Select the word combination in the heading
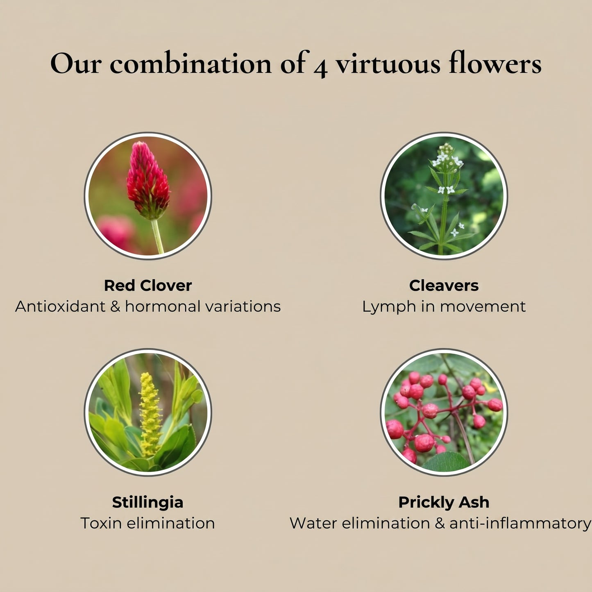point(191,64)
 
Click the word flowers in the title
point(495,64)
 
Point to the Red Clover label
point(148,286)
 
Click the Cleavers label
point(444,286)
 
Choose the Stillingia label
point(147,502)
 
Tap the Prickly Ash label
point(444,502)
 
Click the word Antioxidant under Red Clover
point(60,306)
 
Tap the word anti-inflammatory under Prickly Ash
point(520,523)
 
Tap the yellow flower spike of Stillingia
point(150,414)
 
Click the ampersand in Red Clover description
point(115,306)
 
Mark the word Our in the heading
point(76,64)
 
